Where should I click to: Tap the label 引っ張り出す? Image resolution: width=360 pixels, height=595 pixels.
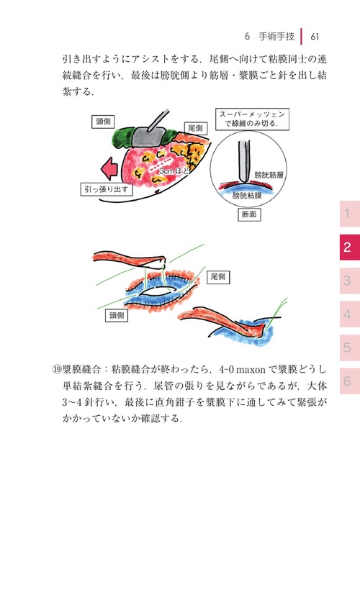tap(105, 189)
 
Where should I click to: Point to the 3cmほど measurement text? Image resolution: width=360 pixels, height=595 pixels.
tap(175, 171)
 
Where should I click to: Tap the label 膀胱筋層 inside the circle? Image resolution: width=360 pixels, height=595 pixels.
tap(269, 175)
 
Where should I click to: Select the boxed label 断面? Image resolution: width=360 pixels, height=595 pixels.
tap(249, 214)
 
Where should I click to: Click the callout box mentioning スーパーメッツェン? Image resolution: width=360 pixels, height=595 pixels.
tap(248, 118)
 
